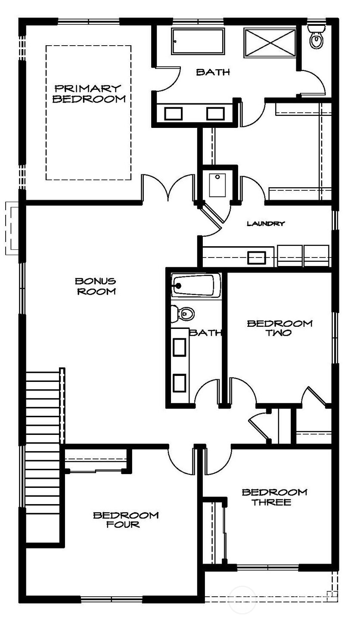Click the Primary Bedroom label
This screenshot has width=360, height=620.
coord(89,94)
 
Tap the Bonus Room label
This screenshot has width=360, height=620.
coord(95,286)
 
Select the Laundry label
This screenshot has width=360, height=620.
coord(265,223)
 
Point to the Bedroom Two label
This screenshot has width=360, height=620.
coord(279,328)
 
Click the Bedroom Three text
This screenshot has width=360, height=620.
coord(274,497)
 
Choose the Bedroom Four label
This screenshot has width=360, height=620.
coord(126,520)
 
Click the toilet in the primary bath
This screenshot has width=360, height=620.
coord(317,39)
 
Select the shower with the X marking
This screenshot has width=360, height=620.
coord(270,42)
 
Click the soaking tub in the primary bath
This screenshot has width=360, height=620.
coord(198,42)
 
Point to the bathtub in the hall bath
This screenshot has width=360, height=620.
coord(196,285)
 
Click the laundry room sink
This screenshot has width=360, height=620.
coord(257,257)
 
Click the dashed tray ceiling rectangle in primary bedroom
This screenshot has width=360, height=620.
coord(88,113)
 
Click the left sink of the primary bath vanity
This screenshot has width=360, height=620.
coord(174,114)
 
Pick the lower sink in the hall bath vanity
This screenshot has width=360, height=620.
coord(180,382)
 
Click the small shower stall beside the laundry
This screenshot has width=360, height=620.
coord(217,185)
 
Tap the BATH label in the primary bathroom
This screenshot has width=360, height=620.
coord(213,72)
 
